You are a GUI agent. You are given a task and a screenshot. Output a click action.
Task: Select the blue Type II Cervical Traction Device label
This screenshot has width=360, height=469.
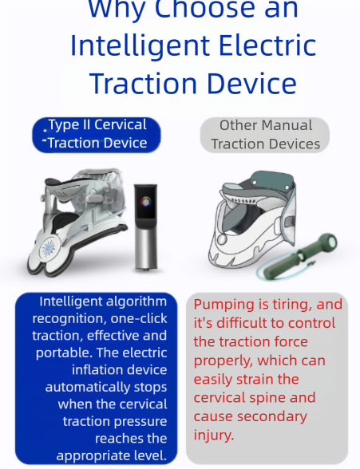97,134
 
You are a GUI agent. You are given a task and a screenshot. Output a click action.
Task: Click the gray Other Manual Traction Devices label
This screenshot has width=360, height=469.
265,134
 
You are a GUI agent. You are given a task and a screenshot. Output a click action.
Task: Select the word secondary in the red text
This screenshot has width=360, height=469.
271,416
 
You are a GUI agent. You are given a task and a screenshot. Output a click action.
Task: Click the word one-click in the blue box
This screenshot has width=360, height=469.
139,319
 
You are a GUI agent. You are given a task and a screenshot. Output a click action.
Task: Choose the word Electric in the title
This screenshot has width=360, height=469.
264,45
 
